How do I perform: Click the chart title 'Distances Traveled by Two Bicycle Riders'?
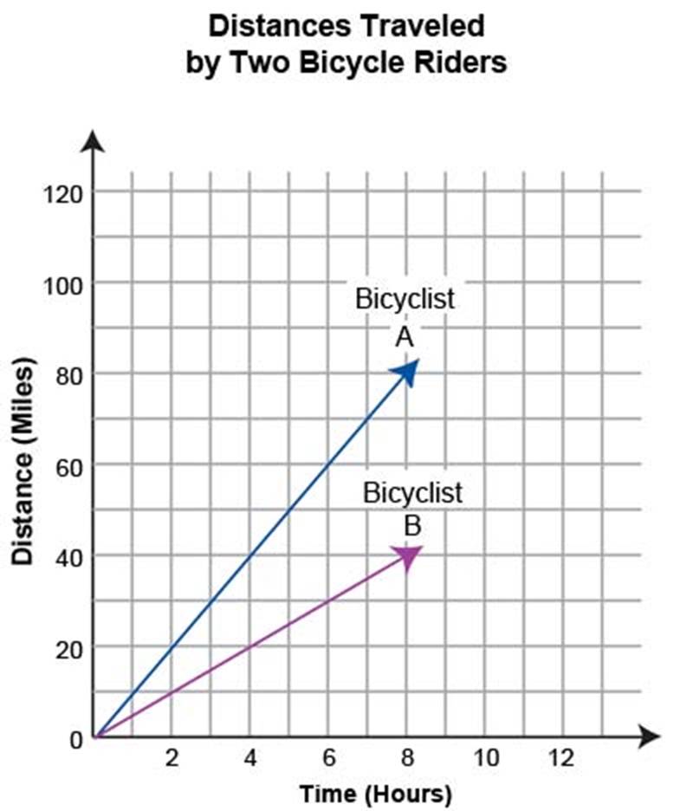346,44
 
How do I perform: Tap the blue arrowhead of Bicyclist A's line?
406,370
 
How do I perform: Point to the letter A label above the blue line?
405,338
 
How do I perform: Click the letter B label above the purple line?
412,525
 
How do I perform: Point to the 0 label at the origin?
75,739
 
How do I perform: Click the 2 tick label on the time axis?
172,759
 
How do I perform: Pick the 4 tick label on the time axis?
249,759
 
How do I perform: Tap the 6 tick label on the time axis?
328,759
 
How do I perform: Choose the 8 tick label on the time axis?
406,759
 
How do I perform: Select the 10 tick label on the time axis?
486,759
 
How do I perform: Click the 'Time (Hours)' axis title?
375,794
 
